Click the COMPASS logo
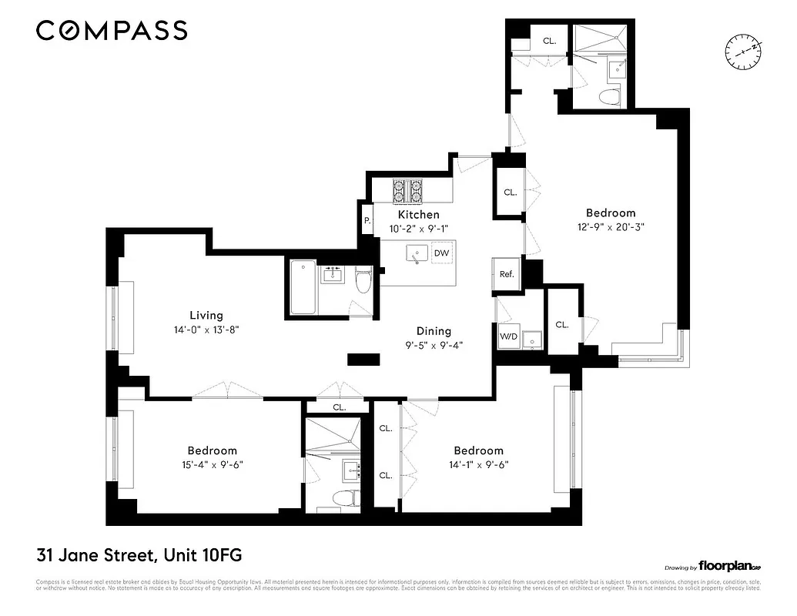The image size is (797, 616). click(112, 31)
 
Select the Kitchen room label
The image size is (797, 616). click(418, 215)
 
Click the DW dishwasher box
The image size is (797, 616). click(441, 253)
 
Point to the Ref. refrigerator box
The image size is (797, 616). click(507, 274)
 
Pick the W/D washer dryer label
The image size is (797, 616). click(508, 336)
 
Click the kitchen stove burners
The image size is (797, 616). click(409, 189)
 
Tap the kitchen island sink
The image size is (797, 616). click(418, 253)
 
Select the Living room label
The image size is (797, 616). click(206, 315)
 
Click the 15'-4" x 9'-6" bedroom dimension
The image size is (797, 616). click(213, 464)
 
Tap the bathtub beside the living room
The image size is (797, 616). click(303, 289)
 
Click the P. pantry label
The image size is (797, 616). click(367, 220)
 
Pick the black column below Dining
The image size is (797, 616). click(363, 359)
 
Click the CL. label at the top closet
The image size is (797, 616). click(550, 41)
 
